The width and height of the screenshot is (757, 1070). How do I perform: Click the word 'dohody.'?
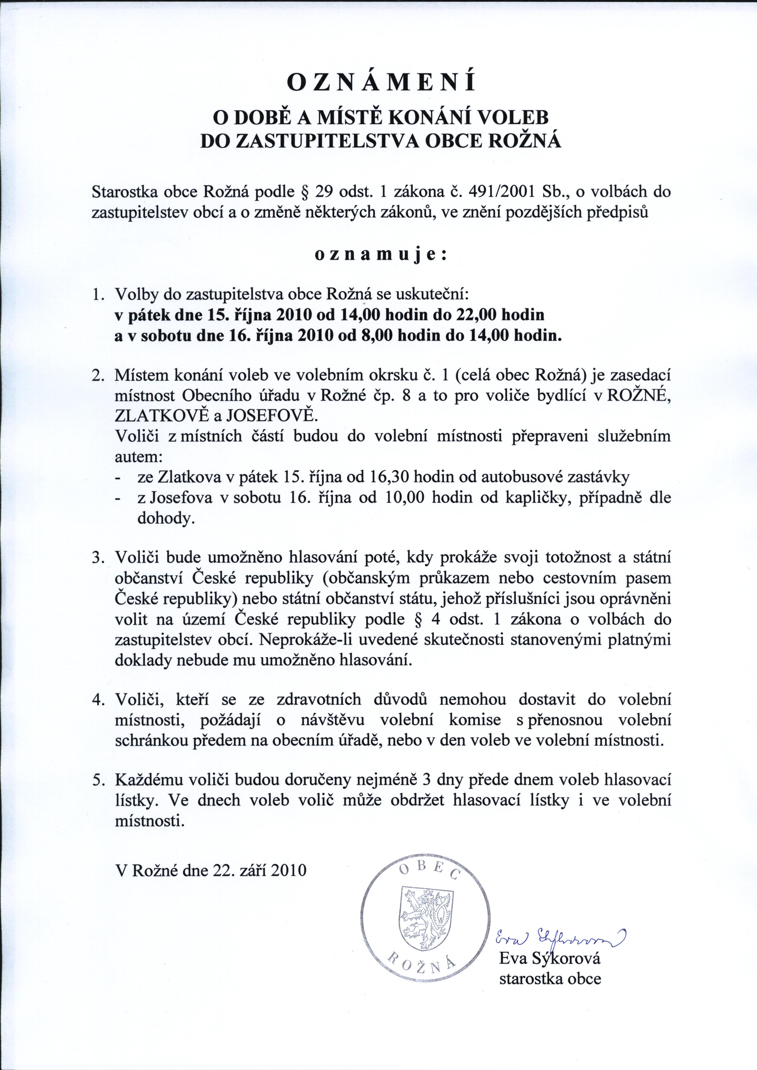click(165, 519)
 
